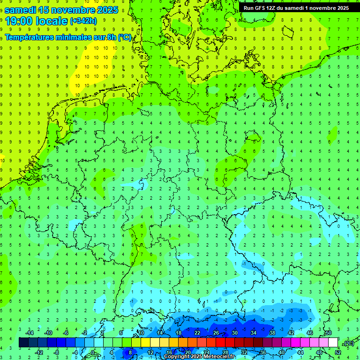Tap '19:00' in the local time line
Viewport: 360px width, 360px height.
coord(21,21)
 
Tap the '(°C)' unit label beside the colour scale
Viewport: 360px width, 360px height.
coord(348,343)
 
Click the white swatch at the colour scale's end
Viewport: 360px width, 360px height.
coord(333,343)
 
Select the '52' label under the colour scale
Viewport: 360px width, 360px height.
coord(338,352)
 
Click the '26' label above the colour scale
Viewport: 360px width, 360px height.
coord(216,333)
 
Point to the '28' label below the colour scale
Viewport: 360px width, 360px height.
coord(225,352)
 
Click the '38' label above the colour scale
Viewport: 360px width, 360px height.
coord(272,333)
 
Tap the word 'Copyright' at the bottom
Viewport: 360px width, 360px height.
coord(177,357)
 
